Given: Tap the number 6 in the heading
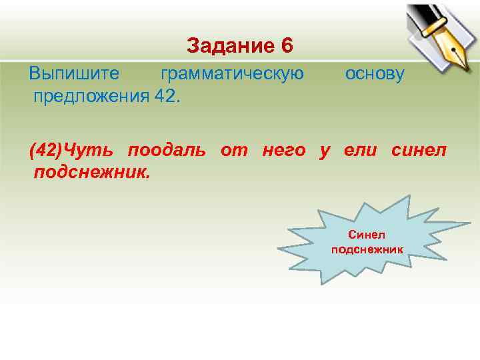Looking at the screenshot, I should coord(287,46).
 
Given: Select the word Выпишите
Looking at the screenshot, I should coord(74,74).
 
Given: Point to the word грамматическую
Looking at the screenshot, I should coord(232,74).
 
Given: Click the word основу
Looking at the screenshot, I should coord(375,74).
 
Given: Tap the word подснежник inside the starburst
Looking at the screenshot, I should coord(367,249).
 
